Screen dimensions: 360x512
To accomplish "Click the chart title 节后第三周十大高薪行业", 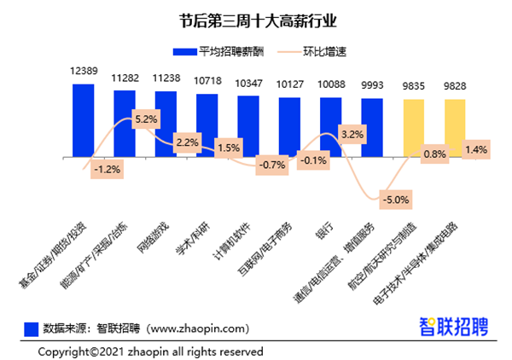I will click(257, 18).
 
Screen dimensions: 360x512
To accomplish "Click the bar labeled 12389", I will click(83, 119).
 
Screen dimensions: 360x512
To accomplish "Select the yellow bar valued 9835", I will click(414, 128).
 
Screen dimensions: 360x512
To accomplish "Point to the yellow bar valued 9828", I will click(455, 128).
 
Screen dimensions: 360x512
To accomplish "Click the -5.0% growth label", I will click(396, 200).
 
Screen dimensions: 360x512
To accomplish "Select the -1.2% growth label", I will click(107, 170).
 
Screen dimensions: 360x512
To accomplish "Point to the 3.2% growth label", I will click(352, 135).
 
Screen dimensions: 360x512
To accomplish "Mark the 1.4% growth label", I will click(475, 150).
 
